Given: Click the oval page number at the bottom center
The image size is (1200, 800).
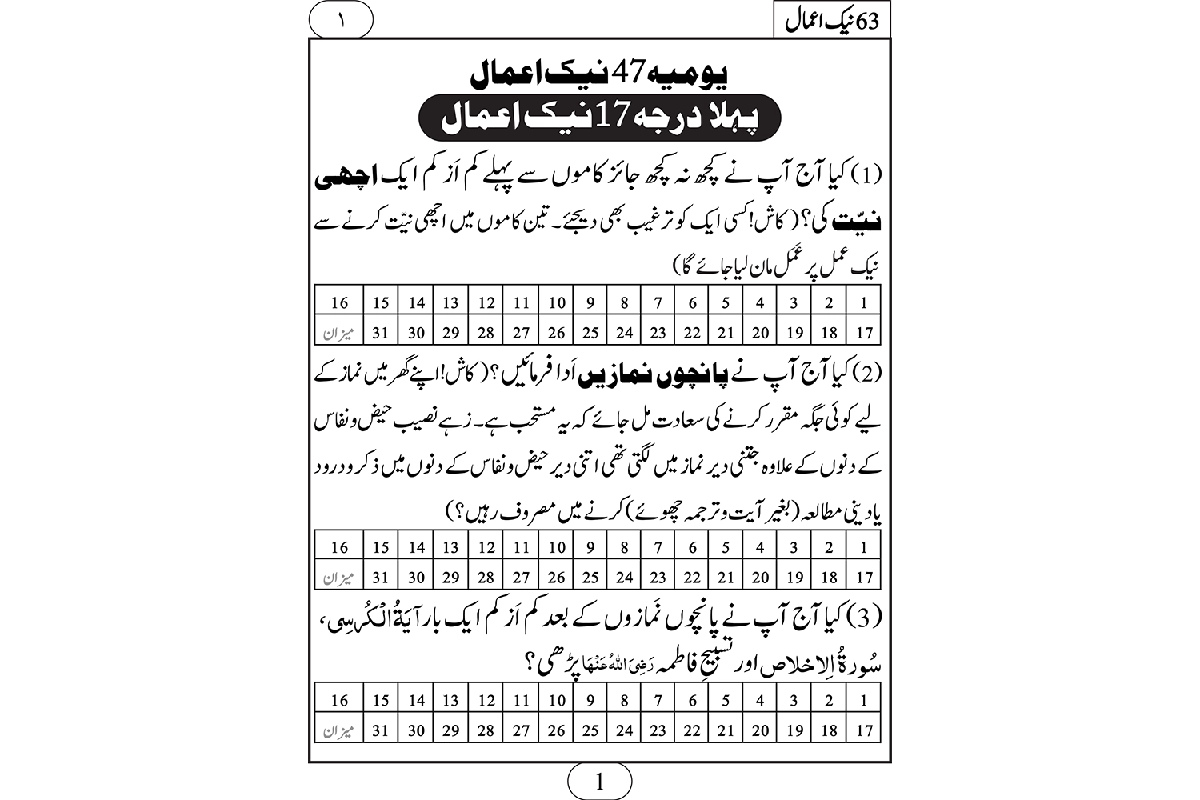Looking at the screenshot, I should [x=599, y=782].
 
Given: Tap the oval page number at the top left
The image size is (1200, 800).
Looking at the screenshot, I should [x=341, y=20].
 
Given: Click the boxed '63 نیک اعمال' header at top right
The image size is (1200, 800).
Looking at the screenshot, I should [x=831, y=20].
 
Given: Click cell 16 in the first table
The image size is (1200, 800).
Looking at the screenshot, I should [x=339, y=302].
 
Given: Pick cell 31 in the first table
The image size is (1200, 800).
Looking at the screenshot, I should [x=381, y=332].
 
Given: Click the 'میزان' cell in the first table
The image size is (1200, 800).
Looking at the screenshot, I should [x=339, y=332].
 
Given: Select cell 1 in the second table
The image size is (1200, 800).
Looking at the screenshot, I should [x=864, y=547].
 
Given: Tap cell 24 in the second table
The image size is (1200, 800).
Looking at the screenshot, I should [x=625, y=577].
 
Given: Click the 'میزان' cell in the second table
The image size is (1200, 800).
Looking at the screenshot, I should [x=339, y=577].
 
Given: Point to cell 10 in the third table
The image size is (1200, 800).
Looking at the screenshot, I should [x=557, y=700].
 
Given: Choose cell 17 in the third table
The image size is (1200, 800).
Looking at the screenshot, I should [x=864, y=730].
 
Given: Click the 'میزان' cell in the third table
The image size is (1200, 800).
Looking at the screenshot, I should [x=339, y=730].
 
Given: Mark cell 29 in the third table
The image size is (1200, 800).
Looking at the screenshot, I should [x=450, y=730].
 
